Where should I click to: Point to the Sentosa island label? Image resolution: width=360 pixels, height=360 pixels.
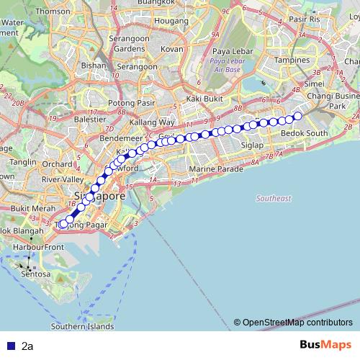(x=35, y=274)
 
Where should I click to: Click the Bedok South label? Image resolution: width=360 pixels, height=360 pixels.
(x=303, y=133)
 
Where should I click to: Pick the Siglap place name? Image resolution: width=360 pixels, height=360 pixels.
(x=252, y=145)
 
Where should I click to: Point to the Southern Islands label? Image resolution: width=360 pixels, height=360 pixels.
(x=83, y=326)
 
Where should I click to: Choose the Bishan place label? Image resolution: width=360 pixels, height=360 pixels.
(x=94, y=65)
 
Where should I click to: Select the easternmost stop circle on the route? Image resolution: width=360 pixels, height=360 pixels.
(x=297, y=114)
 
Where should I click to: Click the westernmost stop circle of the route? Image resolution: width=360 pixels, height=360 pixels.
(x=63, y=224)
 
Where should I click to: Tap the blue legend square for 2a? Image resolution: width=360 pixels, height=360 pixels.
(x=8, y=346)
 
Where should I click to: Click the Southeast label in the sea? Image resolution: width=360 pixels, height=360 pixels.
(x=274, y=198)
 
